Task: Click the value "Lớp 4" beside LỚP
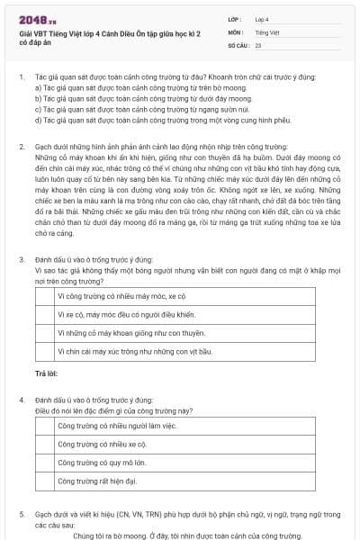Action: click(x=263, y=18)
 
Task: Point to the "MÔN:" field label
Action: click(x=234, y=31)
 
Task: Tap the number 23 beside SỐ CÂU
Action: click(x=258, y=43)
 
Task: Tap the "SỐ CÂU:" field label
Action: click(x=238, y=43)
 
